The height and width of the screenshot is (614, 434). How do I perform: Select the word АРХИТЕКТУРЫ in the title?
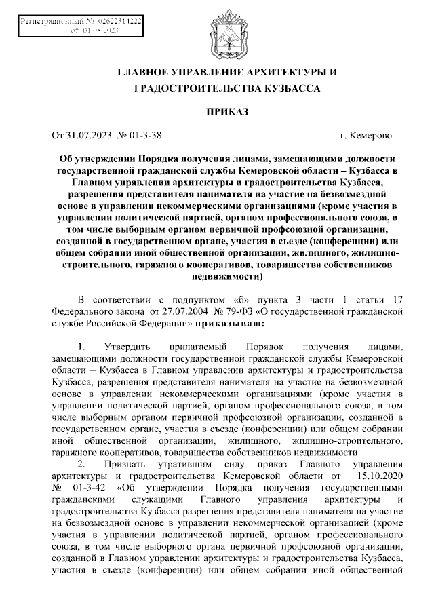click(x=279, y=71)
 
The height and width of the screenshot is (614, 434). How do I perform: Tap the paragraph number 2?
click(x=81, y=465)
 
